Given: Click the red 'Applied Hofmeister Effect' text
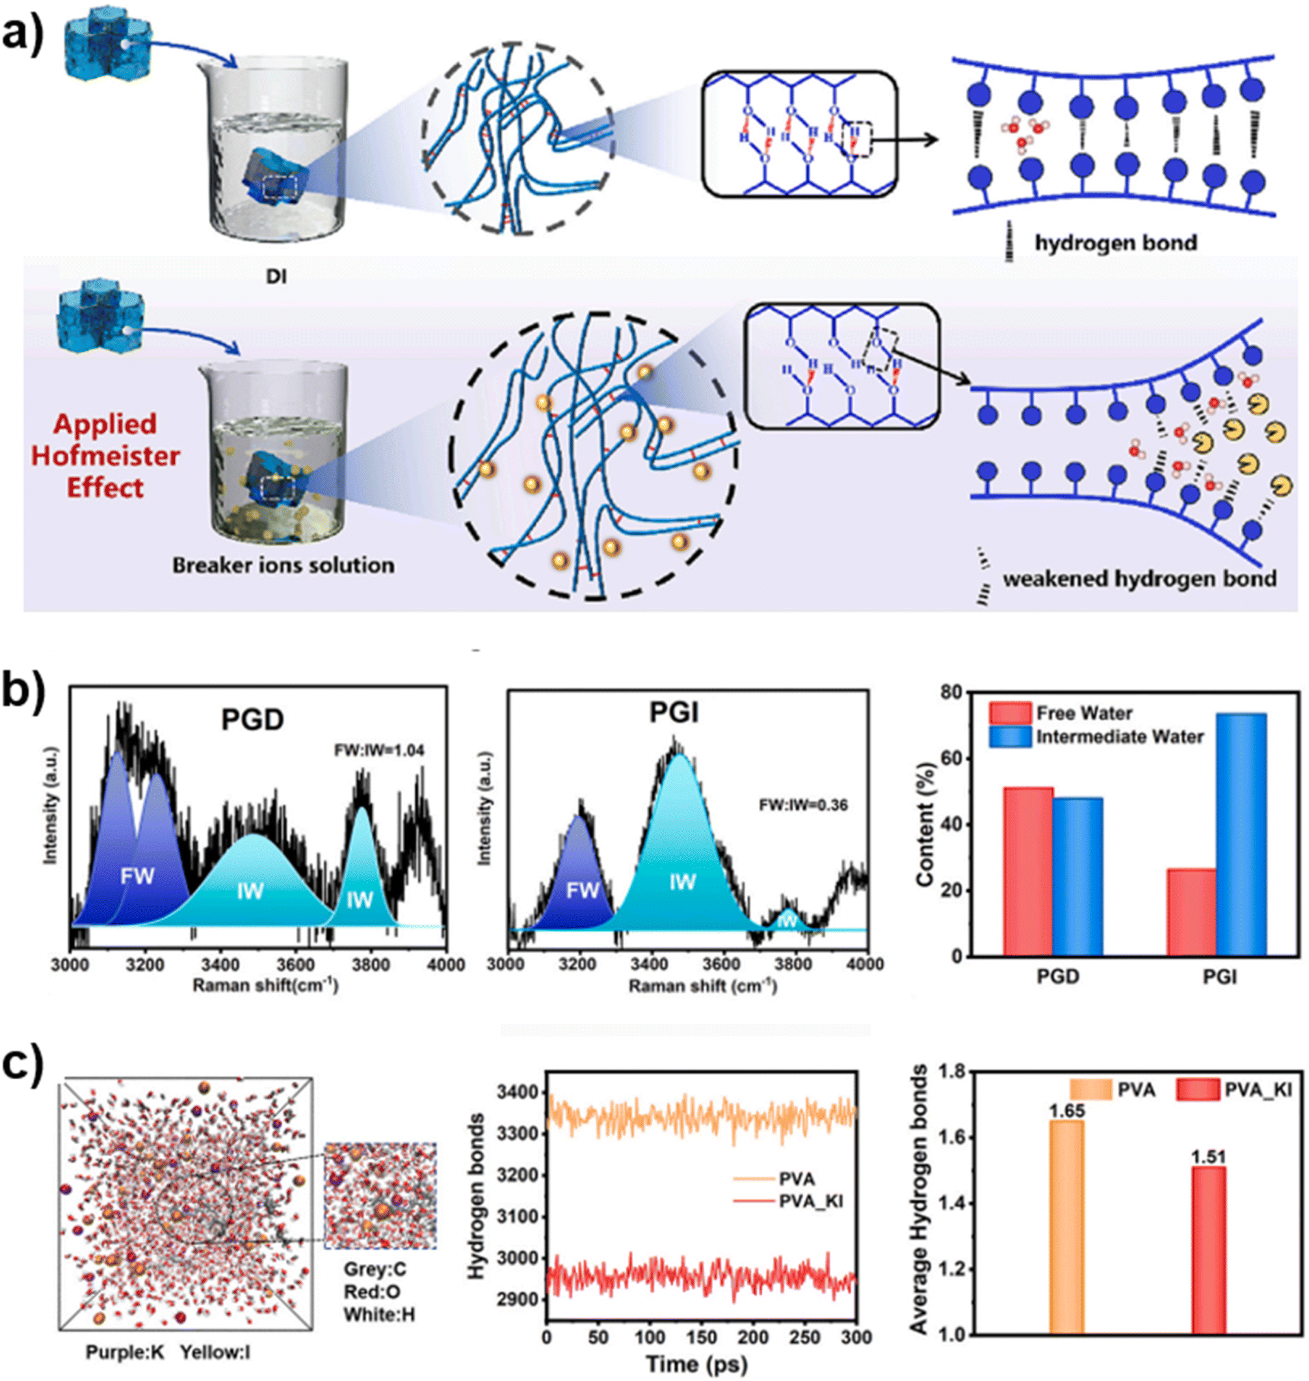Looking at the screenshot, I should [x=105, y=456].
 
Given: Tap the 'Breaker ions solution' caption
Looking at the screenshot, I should [x=284, y=565].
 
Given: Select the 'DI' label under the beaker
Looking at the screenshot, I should [x=276, y=276].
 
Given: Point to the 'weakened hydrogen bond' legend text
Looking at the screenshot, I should [x=1139, y=578].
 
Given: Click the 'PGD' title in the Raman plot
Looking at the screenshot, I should [x=252, y=719].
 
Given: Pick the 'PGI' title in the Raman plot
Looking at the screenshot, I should [x=674, y=712].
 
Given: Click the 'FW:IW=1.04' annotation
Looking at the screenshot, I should [x=379, y=751].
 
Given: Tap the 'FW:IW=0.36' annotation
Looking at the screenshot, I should [x=803, y=805].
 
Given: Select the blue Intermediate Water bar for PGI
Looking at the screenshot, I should [x=1241, y=834].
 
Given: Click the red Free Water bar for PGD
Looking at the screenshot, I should [x=1028, y=871].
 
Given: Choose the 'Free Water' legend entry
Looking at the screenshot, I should [x=1083, y=712].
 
